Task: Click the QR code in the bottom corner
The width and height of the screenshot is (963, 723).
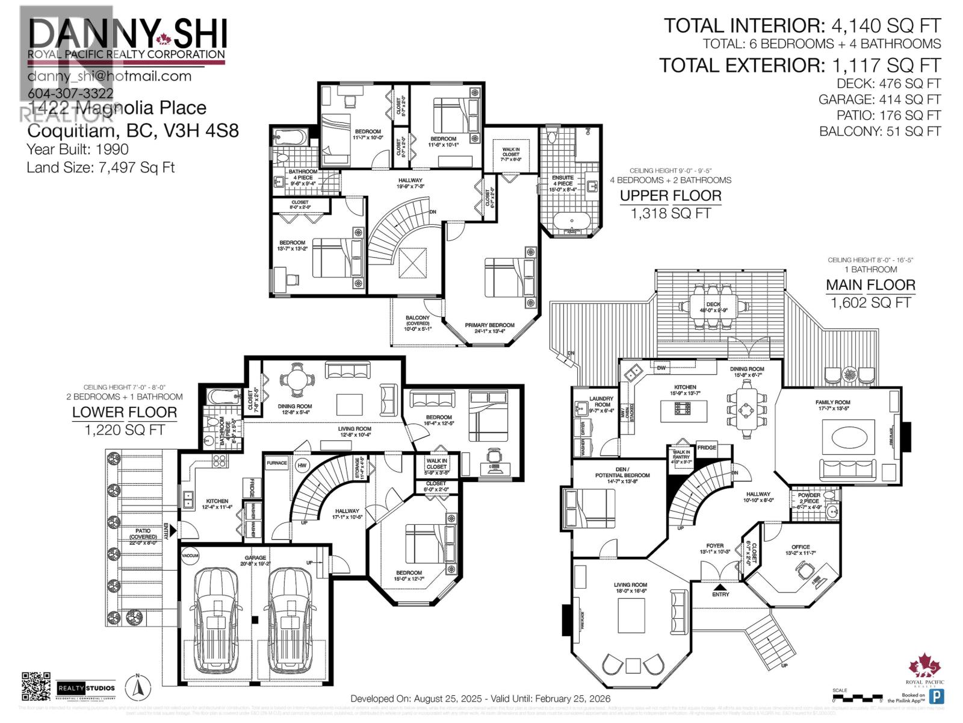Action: [x=36, y=686]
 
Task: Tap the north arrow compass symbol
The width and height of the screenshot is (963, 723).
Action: [x=137, y=686]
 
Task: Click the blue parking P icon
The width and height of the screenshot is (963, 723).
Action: [x=937, y=696]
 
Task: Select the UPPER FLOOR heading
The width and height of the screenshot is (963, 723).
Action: [x=670, y=196]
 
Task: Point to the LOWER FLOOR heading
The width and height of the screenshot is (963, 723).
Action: [x=125, y=413]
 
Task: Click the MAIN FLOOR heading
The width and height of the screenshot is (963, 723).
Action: [x=870, y=285]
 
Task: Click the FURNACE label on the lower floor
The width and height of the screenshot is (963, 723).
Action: [x=277, y=463]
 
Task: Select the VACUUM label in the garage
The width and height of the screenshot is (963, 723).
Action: [x=190, y=556]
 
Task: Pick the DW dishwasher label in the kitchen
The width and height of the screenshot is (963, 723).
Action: [x=661, y=368]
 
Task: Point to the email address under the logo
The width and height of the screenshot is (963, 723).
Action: [x=109, y=77]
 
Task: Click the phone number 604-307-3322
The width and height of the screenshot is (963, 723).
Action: [x=70, y=93]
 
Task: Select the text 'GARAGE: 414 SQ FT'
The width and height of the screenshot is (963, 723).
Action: [x=879, y=99]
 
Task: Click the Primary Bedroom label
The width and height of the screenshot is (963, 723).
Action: [x=489, y=325]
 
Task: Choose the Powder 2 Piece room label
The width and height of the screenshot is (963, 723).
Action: [x=809, y=498]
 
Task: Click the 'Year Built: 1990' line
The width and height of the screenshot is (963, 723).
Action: [x=78, y=149]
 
